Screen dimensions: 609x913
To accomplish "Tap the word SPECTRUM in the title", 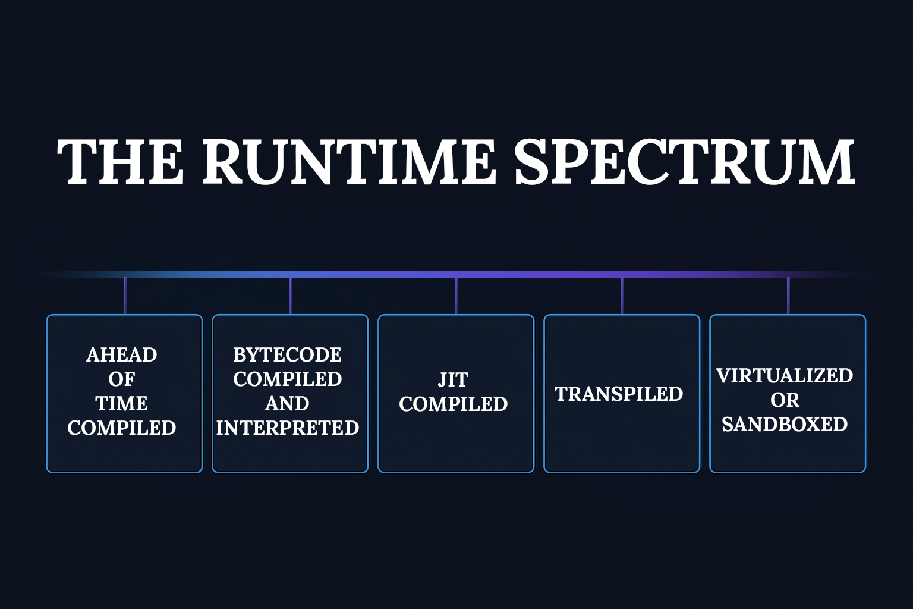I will coord(684,162).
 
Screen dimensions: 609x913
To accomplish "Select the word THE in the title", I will coord(120,162).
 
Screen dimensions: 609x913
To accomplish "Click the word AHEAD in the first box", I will coord(122,354).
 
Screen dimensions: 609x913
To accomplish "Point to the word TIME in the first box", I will coord(122,403).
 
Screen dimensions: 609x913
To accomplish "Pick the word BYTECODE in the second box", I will coord(288,354).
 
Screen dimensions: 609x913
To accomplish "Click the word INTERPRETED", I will coord(288,428).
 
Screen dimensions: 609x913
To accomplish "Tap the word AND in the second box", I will coord(288,403).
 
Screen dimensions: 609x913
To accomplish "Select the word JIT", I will coord(453,379).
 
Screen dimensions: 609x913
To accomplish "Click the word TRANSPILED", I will coord(619,394).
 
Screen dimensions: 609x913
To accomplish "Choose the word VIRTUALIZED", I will coord(785,375).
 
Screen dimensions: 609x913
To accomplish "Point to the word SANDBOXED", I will coord(785,424).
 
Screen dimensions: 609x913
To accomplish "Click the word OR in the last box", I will coord(785,400).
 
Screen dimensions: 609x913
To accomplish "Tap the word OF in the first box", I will coord(122,379).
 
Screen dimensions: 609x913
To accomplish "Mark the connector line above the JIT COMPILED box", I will coord(456,296).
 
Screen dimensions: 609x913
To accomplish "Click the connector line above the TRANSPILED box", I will coord(622,296).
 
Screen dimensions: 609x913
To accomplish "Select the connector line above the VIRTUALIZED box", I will coord(788,296).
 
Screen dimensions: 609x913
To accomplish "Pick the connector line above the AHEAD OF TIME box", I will coord(125,296).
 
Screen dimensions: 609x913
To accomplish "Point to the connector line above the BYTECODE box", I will coord(291,296).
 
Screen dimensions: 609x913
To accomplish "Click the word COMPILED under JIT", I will coord(453,404).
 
